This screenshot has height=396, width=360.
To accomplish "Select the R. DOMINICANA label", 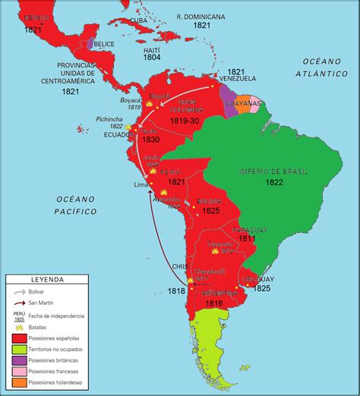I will click(201, 16).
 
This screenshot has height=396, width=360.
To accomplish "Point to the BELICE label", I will click(105, 44).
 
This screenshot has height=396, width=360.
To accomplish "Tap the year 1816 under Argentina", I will click(213, 303).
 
